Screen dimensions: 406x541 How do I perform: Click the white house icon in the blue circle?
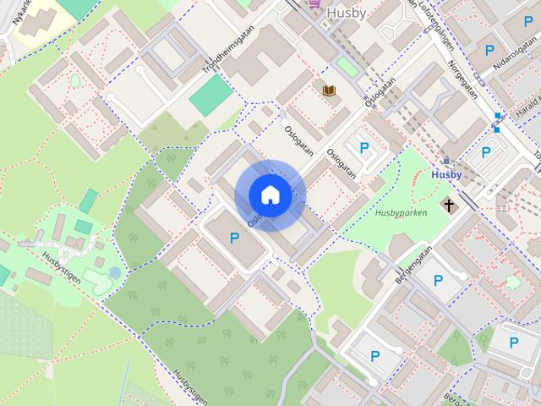coord(270,195)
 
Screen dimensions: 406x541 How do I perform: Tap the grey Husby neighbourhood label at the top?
coord(347,13)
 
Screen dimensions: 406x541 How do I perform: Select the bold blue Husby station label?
coord(446,175)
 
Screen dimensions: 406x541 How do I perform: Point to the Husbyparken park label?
coord(401,212)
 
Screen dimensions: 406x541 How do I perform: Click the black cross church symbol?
coord(449,205)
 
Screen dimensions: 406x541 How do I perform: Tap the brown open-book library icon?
coord(329,89)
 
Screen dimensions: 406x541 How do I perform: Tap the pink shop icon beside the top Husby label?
coord(314,4)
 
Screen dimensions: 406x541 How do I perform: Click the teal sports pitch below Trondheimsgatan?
coord(210,96)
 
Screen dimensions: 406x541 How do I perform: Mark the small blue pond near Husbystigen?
coord(114,272)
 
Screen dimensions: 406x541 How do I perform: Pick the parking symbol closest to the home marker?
coord(234,239)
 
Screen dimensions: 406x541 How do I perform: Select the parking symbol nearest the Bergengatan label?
coord(439,281)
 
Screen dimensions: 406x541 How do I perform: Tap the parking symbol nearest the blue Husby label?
coord(485,153)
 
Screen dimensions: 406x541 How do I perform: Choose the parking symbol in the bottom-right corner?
coord(514,343)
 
